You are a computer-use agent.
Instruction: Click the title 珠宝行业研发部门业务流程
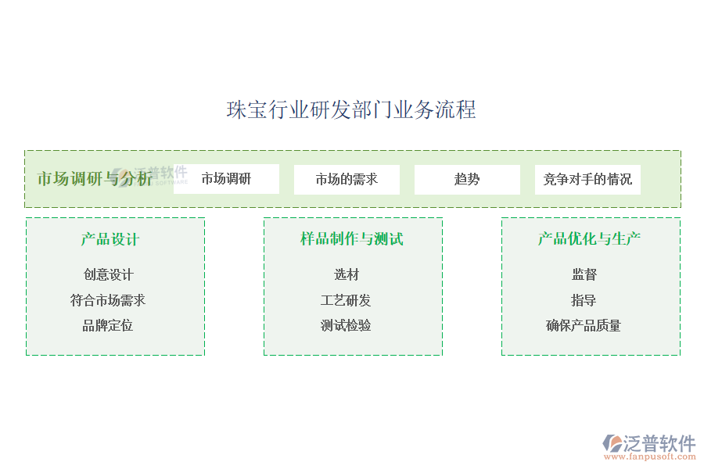click(351, 109)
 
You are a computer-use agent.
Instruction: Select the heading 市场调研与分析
click(95, 178)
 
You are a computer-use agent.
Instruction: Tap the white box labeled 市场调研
click(226, 179)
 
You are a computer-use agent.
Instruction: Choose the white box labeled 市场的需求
click(347, 179)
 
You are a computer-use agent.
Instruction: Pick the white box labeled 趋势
click(467, 179)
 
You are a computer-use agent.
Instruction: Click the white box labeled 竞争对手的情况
click(587, 179)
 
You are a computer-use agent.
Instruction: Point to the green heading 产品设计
click(110, 239)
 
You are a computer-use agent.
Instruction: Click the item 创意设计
click(109, 274)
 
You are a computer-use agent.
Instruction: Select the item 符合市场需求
click(108, 300)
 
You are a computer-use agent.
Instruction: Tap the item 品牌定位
click(108, 325)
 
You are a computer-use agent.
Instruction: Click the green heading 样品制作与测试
click(352, 239)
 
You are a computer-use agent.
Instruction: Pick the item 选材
click(347, 274)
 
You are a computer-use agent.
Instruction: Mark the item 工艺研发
click(346, 300)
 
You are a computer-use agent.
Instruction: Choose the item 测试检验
click(346, 325)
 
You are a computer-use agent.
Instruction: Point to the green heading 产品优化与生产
click(590, 239)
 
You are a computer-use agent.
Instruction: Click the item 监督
click(584, 274)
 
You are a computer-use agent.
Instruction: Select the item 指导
click(584, 300)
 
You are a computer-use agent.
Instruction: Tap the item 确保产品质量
click(584, 325)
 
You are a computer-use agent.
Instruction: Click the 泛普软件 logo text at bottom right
click(659, 443)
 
